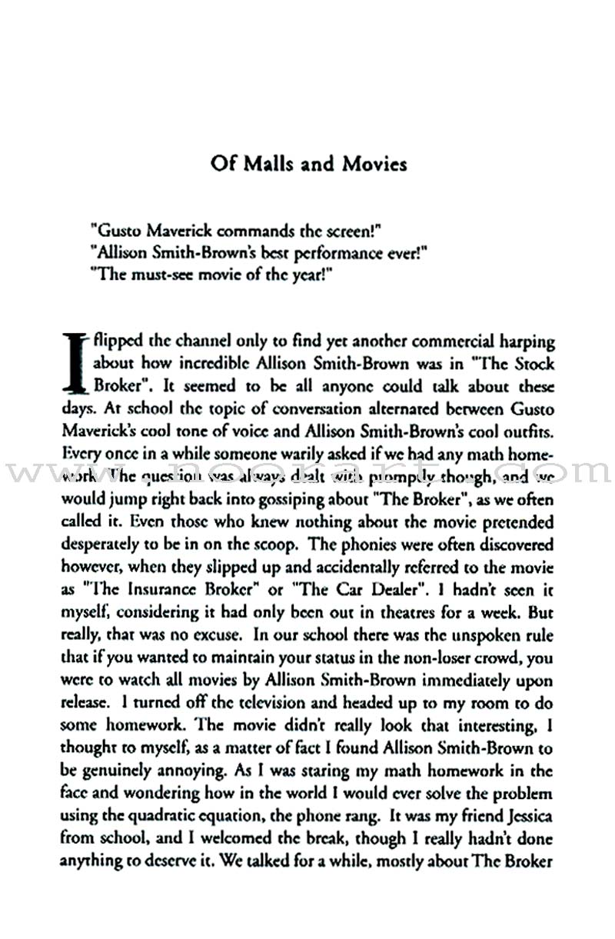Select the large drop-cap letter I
point(74,361)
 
